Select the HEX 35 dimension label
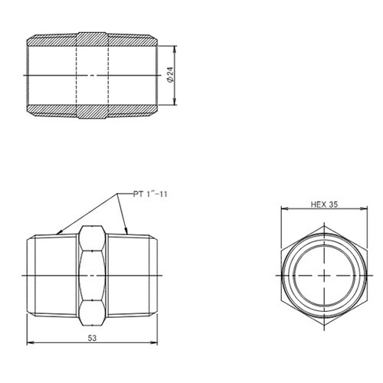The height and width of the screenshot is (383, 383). tap(325, 205)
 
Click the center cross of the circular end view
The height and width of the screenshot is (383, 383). tap(325, 275)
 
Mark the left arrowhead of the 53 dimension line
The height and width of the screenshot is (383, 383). tap(29, 342)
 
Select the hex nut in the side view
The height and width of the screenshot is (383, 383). tap(93, 274)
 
